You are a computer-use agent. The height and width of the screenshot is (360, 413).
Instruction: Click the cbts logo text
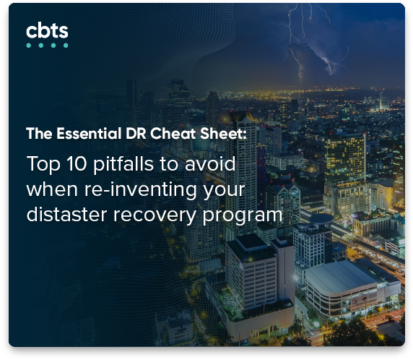point(47,31)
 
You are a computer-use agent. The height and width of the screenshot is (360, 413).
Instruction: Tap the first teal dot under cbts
point(29,46)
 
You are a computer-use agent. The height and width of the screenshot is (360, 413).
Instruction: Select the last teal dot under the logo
point(66,46)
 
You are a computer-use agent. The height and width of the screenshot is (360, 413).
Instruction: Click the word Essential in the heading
point(90,134)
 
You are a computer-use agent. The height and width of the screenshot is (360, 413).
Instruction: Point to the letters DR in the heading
point(136,134)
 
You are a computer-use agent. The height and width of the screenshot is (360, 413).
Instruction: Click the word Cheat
point(173,134)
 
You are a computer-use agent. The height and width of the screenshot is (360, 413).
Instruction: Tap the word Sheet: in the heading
point(224,134)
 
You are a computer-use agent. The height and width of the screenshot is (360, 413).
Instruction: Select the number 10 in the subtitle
point(77,164)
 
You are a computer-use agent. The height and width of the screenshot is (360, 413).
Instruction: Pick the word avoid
point(210,164)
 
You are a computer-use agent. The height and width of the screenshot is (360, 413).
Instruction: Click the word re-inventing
point(140,190)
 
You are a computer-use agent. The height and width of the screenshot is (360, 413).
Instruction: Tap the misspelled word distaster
point(66,215)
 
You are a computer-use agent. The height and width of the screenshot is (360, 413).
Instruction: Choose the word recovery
point(155,215)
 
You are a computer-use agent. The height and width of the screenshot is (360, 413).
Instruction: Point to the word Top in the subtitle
point(43,165)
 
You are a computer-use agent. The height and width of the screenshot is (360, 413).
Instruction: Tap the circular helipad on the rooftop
point(321,219)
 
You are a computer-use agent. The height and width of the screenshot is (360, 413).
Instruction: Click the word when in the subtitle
point(52,189)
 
